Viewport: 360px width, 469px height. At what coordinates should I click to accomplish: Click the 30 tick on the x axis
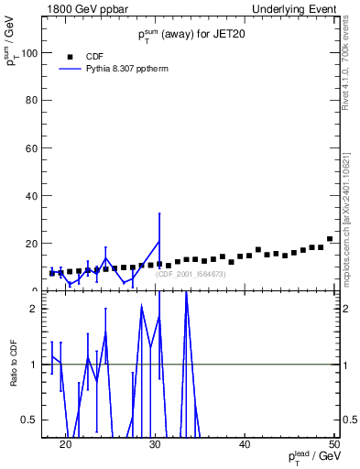click(x=155, y=445)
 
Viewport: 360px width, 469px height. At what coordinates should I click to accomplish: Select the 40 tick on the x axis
click(x=245, y=445)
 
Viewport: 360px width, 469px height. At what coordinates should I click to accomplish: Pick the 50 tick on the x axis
click(x=333, y=445)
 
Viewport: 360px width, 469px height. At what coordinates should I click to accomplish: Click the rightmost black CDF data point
click(x=330, y=239)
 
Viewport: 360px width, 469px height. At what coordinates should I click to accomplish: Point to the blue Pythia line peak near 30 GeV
click(x=159, y=241)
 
